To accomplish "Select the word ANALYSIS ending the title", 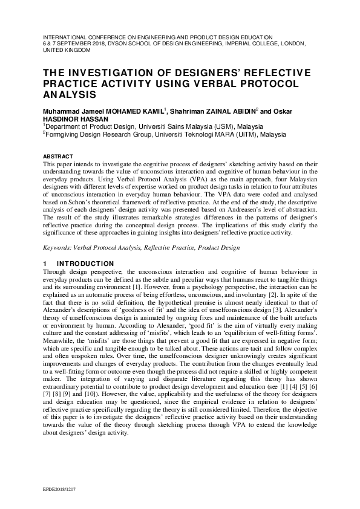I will (x=70, y=96).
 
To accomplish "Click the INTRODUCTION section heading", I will (x=85, y=264).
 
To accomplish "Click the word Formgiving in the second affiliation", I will (x=62, y=135).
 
